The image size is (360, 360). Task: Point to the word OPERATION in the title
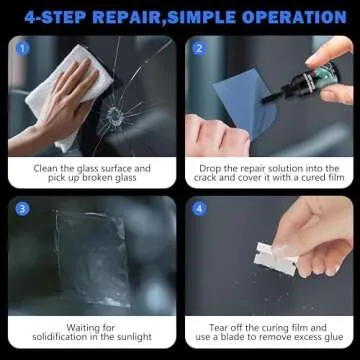pos(295,17)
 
